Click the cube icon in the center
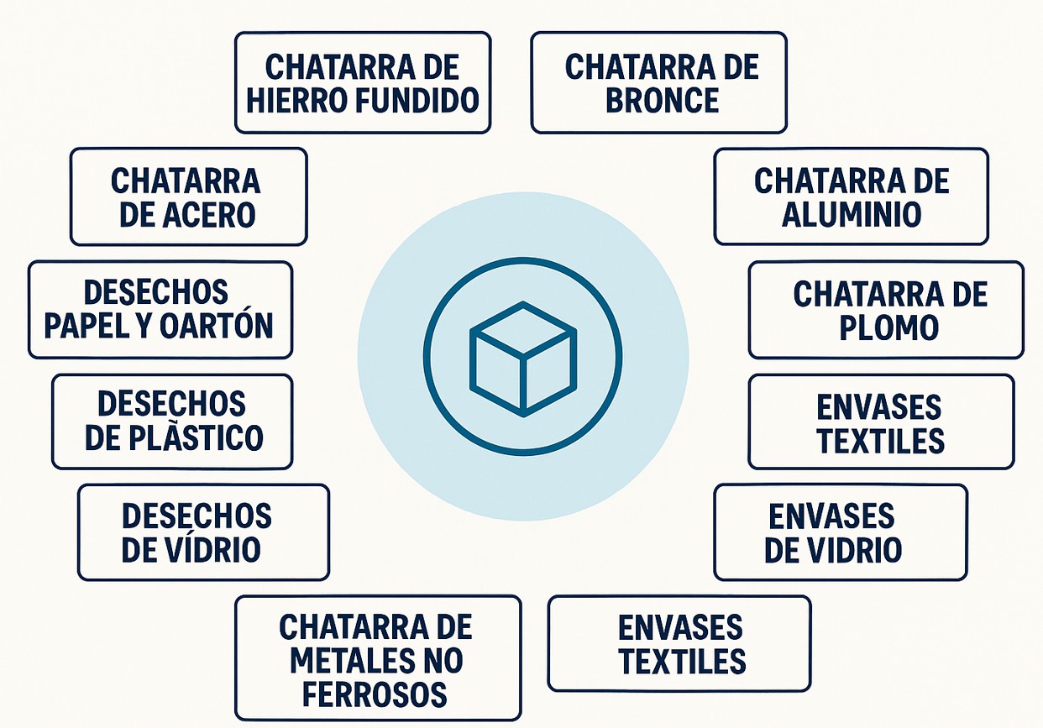(522, 357)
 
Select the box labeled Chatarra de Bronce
(658, 82)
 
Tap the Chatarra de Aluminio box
(851, 196)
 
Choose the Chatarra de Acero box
(188, 196)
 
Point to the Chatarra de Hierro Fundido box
(362, 82)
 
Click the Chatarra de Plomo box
(885, 310)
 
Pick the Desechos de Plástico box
(171, 421)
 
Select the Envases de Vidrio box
(840, 532)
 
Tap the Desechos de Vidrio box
(202, 532)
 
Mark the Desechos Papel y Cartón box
(160, 310)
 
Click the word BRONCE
(663, 100)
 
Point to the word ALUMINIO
(851, 214)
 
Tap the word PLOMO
(888, 327)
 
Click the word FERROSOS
(375, 694)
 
